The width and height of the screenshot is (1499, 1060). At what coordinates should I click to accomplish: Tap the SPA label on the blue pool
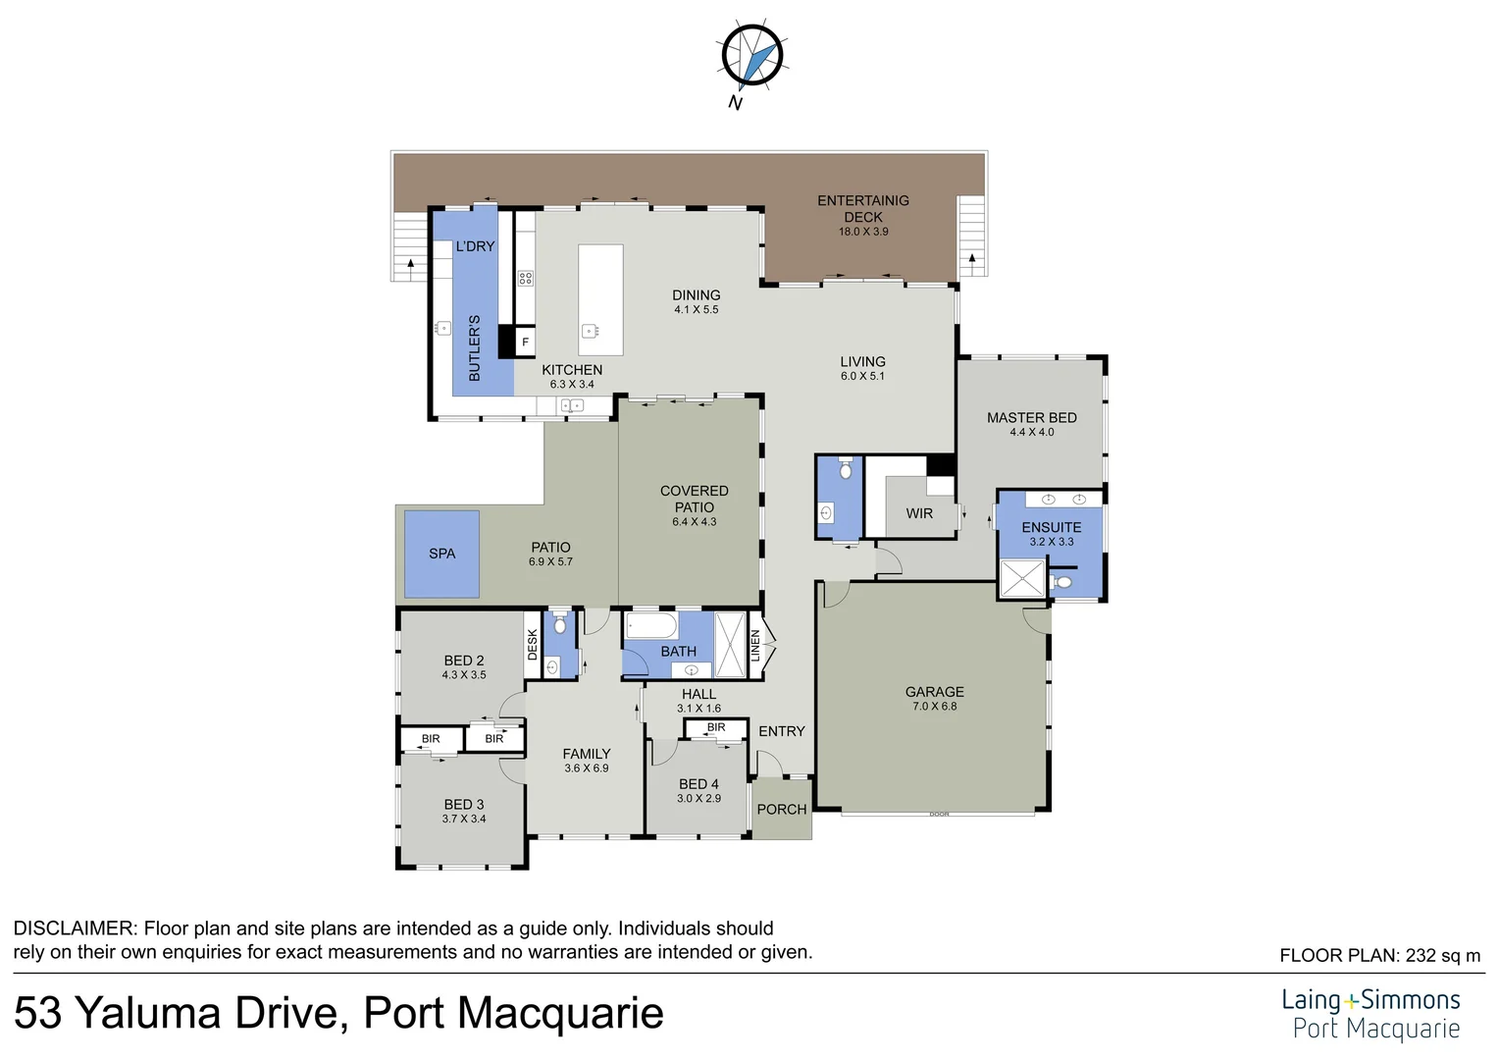pos(441,554)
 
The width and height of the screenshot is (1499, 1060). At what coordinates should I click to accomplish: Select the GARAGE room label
pos(934,692)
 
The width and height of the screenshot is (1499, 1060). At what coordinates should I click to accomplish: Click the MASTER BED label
pos(1031,418)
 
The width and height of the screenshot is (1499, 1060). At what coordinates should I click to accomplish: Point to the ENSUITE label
pos(1051,527)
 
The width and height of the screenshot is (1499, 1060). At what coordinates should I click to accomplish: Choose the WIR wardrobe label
pos(919,513)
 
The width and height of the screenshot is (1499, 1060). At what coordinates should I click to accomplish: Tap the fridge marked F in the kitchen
pos(525,343)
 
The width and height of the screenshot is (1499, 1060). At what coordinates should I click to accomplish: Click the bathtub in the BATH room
pos(652,625)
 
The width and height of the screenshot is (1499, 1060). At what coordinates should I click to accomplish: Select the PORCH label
pos(782,810)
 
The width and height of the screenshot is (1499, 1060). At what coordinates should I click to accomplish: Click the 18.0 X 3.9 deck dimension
pos(863,232)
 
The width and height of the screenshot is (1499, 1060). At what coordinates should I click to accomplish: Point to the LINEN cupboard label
pos(755,645)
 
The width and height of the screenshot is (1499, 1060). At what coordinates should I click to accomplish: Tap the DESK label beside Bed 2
pos(533,645)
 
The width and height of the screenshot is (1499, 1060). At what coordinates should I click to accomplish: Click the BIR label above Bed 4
pos(716,727)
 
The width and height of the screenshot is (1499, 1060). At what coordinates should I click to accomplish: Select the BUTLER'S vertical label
pos(475,348)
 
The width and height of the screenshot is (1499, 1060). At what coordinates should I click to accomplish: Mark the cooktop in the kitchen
pos(525,278)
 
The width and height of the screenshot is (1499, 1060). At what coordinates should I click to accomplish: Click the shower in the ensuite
pos(1021,578)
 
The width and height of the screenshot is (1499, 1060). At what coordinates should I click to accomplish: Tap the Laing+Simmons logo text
pos(1370,1001)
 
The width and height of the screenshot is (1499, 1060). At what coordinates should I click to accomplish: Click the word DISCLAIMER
pos(74,928)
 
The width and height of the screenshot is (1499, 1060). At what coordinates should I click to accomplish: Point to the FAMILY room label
pos(587,754)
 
